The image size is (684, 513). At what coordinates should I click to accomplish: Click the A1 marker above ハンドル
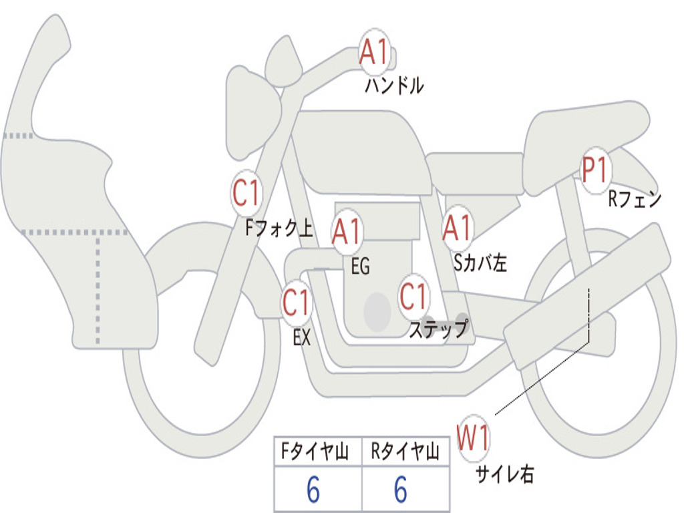point(374,51)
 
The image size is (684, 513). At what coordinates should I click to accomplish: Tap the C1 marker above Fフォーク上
point(246,193)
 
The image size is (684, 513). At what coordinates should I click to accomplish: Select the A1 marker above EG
point(347,231)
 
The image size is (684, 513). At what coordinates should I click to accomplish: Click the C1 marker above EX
point(297,303)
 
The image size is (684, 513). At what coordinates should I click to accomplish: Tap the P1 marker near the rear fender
point(595,170)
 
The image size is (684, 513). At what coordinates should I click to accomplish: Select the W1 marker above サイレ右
point(473,438)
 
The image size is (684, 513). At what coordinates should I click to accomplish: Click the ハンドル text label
point(394,85)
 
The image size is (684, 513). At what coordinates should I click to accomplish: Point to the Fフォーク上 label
point(279,228)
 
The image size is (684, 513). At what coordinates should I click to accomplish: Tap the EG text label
point(360,266)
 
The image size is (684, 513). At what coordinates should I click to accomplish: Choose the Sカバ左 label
point(480,263)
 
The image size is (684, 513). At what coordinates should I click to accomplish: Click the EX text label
point(302,337)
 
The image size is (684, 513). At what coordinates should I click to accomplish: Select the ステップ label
point(439,329)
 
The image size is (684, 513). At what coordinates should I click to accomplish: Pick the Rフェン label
point(635,199)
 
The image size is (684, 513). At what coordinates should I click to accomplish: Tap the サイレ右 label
point(505,474)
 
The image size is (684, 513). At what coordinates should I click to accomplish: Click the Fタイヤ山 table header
point(315,452)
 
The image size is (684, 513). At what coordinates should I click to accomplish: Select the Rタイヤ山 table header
point(405,452)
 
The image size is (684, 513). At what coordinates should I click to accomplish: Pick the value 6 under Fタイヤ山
point(313,490)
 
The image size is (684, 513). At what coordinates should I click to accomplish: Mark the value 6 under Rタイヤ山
point(401,490)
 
